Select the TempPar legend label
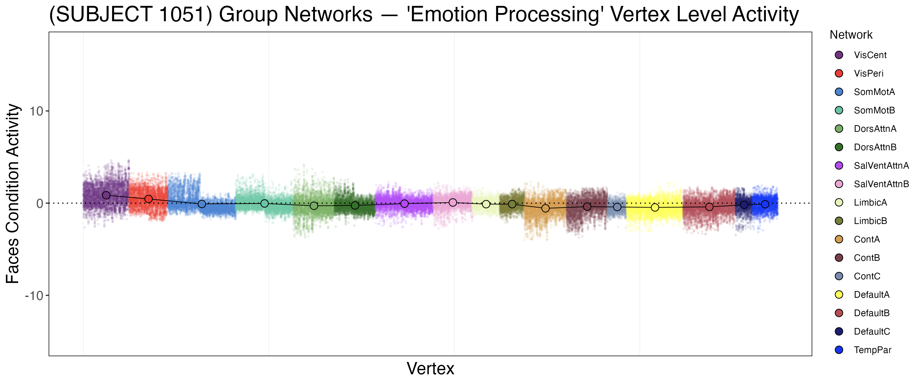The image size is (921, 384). click(872, 350)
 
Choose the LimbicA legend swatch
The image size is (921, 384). click(839, 202)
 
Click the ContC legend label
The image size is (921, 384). click(867, 276)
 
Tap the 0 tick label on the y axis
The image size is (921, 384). click(39, 204)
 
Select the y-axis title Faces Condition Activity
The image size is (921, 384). click(13, 194)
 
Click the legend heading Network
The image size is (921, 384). click(851, 35)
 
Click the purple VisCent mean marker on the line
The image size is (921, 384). click(106, 195)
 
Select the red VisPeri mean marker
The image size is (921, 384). click(148, 199)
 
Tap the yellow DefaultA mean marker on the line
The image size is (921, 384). click(655, 207)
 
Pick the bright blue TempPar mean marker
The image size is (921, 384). click(765, 204)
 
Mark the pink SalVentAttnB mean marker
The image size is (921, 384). click(453, 202)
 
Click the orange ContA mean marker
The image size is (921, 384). click(545, 208)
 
